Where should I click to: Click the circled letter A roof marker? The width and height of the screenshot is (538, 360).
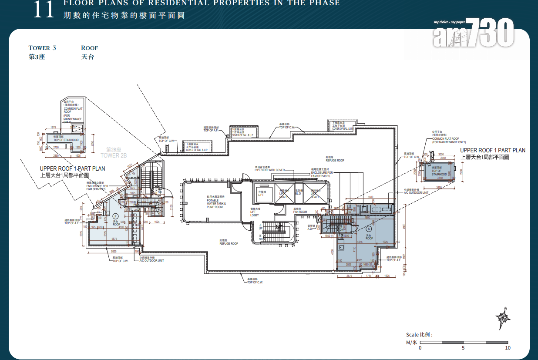point(369,229)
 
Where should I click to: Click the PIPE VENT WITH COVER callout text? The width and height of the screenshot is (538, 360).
point(270,170)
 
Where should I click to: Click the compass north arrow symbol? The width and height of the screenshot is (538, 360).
point(503,319)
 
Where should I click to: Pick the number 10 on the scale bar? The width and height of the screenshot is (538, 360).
point(508,348)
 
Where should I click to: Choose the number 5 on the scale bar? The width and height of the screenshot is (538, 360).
point(464,348)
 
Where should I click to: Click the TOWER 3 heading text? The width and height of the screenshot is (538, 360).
point(42,48)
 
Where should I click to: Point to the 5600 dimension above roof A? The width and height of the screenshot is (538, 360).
point(370,197)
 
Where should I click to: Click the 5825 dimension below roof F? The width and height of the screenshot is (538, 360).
point(113,252)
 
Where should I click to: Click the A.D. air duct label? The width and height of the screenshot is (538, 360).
point(310,227)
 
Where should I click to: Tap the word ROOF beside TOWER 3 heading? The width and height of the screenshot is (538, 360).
point(89,48)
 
